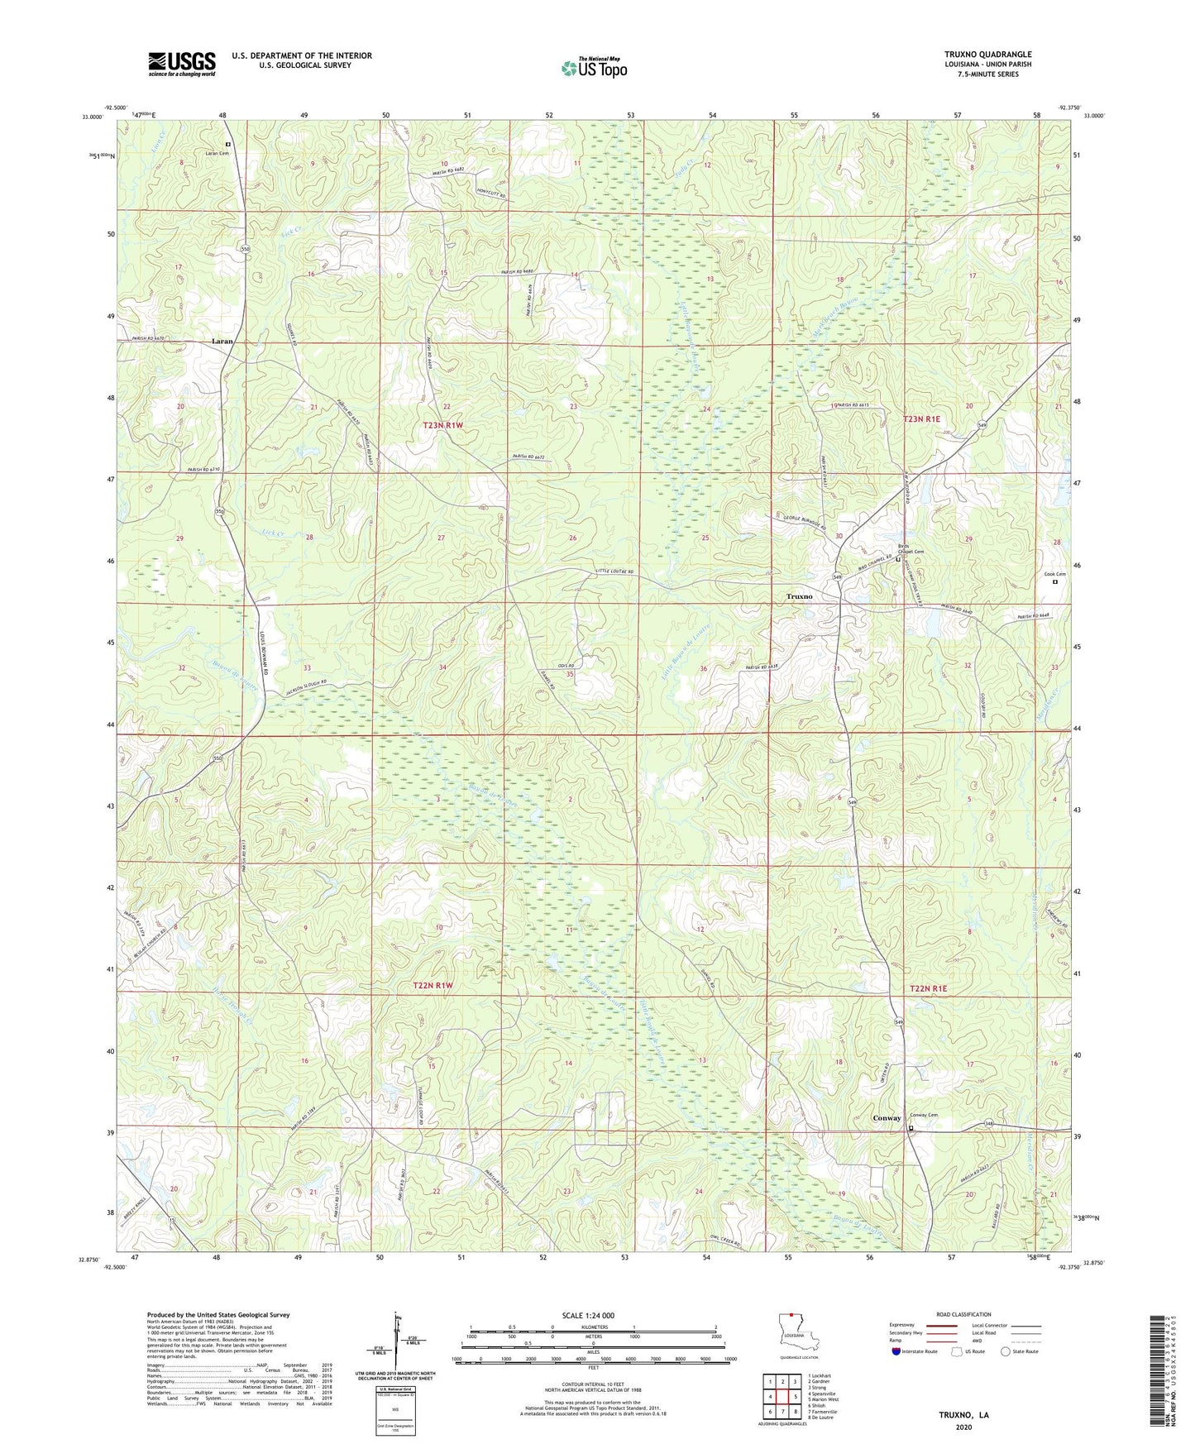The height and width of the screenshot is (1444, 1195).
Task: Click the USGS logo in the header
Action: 182,64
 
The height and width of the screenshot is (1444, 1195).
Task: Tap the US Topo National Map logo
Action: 593,68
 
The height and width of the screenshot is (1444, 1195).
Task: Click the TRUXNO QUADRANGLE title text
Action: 987,55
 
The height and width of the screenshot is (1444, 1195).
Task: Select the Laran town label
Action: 222,341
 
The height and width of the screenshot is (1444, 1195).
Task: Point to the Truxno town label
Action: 799,596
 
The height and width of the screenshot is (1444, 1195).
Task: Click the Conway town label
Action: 887,1118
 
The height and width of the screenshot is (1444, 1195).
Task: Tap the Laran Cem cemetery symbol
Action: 228,144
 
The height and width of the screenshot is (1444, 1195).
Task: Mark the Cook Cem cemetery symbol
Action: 1054,581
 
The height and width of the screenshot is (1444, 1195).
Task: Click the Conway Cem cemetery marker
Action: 911,1129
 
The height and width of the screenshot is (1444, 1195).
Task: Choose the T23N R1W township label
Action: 443,425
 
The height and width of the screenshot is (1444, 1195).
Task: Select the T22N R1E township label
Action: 928,989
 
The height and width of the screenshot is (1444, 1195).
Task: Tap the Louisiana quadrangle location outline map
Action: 798,1335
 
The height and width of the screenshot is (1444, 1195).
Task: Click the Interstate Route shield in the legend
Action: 897,1352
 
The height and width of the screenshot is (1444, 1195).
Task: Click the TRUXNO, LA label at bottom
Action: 963,1415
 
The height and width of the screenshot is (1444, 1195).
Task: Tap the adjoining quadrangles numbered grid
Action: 782,1397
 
